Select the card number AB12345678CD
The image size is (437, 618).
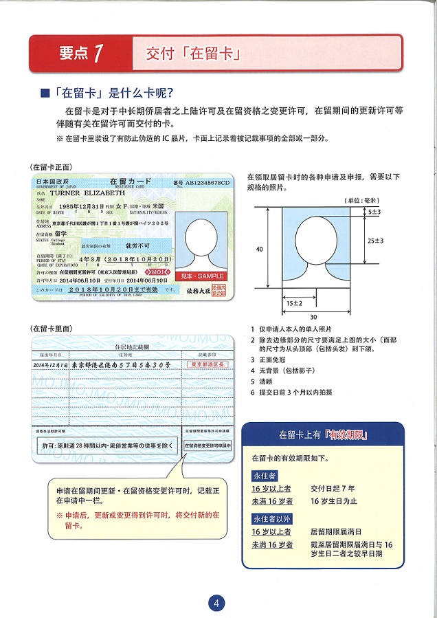206,183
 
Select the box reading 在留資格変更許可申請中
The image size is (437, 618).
208,445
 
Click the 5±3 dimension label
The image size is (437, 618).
373,213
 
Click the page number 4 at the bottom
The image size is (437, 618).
217,603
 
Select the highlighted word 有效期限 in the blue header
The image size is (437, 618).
348,434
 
